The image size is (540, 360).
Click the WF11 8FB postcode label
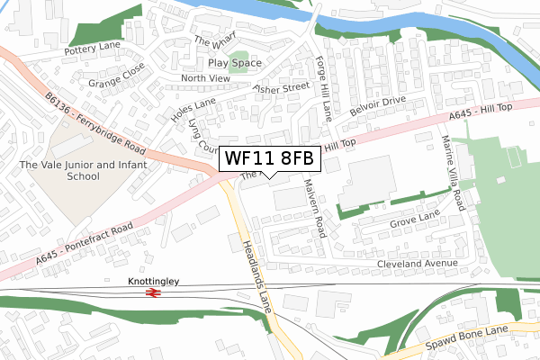click(x=270, y=158)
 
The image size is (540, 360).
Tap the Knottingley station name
click(x=154, y=282)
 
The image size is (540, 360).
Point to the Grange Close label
click(x=116, y=80)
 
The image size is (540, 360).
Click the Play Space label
click(x=235, y=63)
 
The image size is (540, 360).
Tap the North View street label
click(x=206, y=78)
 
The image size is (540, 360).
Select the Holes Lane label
click(x=187, y=111)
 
